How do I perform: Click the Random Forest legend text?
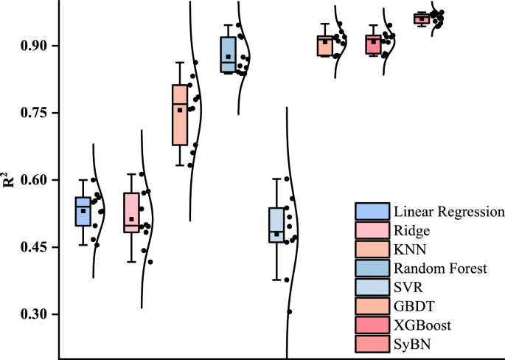[x=439, y=269]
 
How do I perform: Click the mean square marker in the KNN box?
[x=180, y=110]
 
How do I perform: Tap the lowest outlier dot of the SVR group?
[x=290, y=312]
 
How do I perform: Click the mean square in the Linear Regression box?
[x=83, y=211]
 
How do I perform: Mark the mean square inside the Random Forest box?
[x=229, y=57]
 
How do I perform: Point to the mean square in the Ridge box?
[x=131, y=219]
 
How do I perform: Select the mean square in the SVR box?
[x=277, y=234]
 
